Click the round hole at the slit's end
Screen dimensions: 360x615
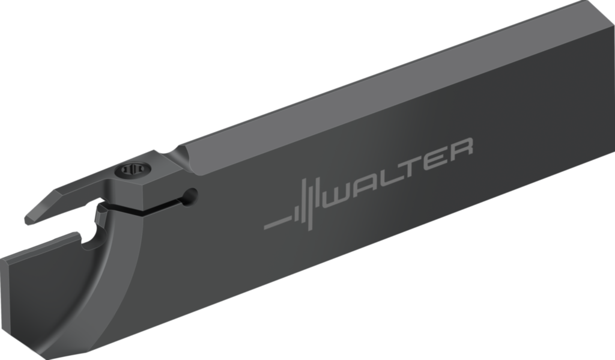click(x=190, y=195)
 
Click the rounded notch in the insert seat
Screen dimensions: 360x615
click(x=91, y=242)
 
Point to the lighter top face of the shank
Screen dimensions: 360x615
click(x=390, y=78)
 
